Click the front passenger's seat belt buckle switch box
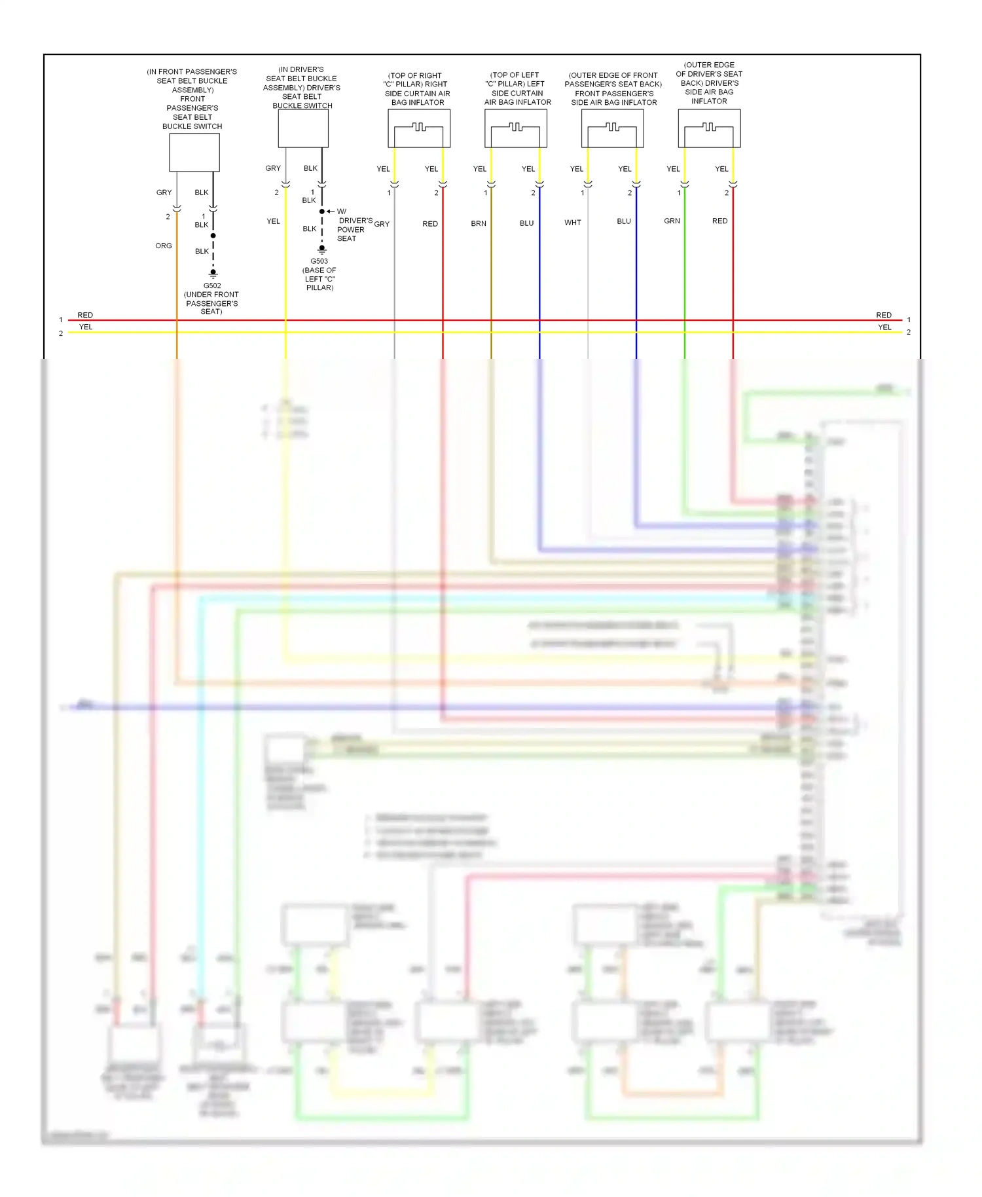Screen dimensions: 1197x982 click(194, 153)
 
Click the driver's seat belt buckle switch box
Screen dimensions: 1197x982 click(303, 128)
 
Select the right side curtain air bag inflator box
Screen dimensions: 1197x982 click(419, 128)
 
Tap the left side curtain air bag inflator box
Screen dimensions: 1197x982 click(516, 128)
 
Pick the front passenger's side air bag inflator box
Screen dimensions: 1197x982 click(613, 128)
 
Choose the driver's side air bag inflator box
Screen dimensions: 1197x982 click(709, 128)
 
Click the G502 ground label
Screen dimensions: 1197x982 click(212, 285)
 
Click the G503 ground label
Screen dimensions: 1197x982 click(319, 261)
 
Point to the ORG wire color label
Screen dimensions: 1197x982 click(164, 246)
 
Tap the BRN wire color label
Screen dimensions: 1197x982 click(479, 223)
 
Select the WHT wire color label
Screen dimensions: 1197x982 click(573, 223)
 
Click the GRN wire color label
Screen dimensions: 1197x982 click(672, 221)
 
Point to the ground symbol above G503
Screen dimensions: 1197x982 click(322, 249)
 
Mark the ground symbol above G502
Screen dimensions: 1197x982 click(213, 274)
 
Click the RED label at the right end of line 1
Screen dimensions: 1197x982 click(884, 315)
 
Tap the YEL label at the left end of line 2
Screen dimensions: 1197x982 click(86, 327)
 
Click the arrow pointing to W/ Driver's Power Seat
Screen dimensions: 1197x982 click(331, 212)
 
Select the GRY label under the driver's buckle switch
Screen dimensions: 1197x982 click(273, 168)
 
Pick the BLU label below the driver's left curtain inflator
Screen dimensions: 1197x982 click(527, 223)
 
